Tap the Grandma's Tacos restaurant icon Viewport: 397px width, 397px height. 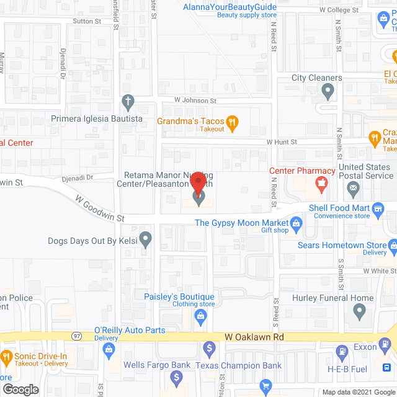tap(233, 122)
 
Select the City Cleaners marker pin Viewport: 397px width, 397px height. tap(328, 92)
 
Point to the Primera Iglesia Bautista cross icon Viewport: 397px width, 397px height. tap(128, 102)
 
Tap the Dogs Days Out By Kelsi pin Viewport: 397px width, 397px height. tap(145, 238)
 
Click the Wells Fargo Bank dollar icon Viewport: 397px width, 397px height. tap(177, 377)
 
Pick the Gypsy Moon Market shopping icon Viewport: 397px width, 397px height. tap(297, 222)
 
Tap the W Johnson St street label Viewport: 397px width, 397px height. tap(195, 99)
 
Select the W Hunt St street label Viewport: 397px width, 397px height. tap(282, 142)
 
